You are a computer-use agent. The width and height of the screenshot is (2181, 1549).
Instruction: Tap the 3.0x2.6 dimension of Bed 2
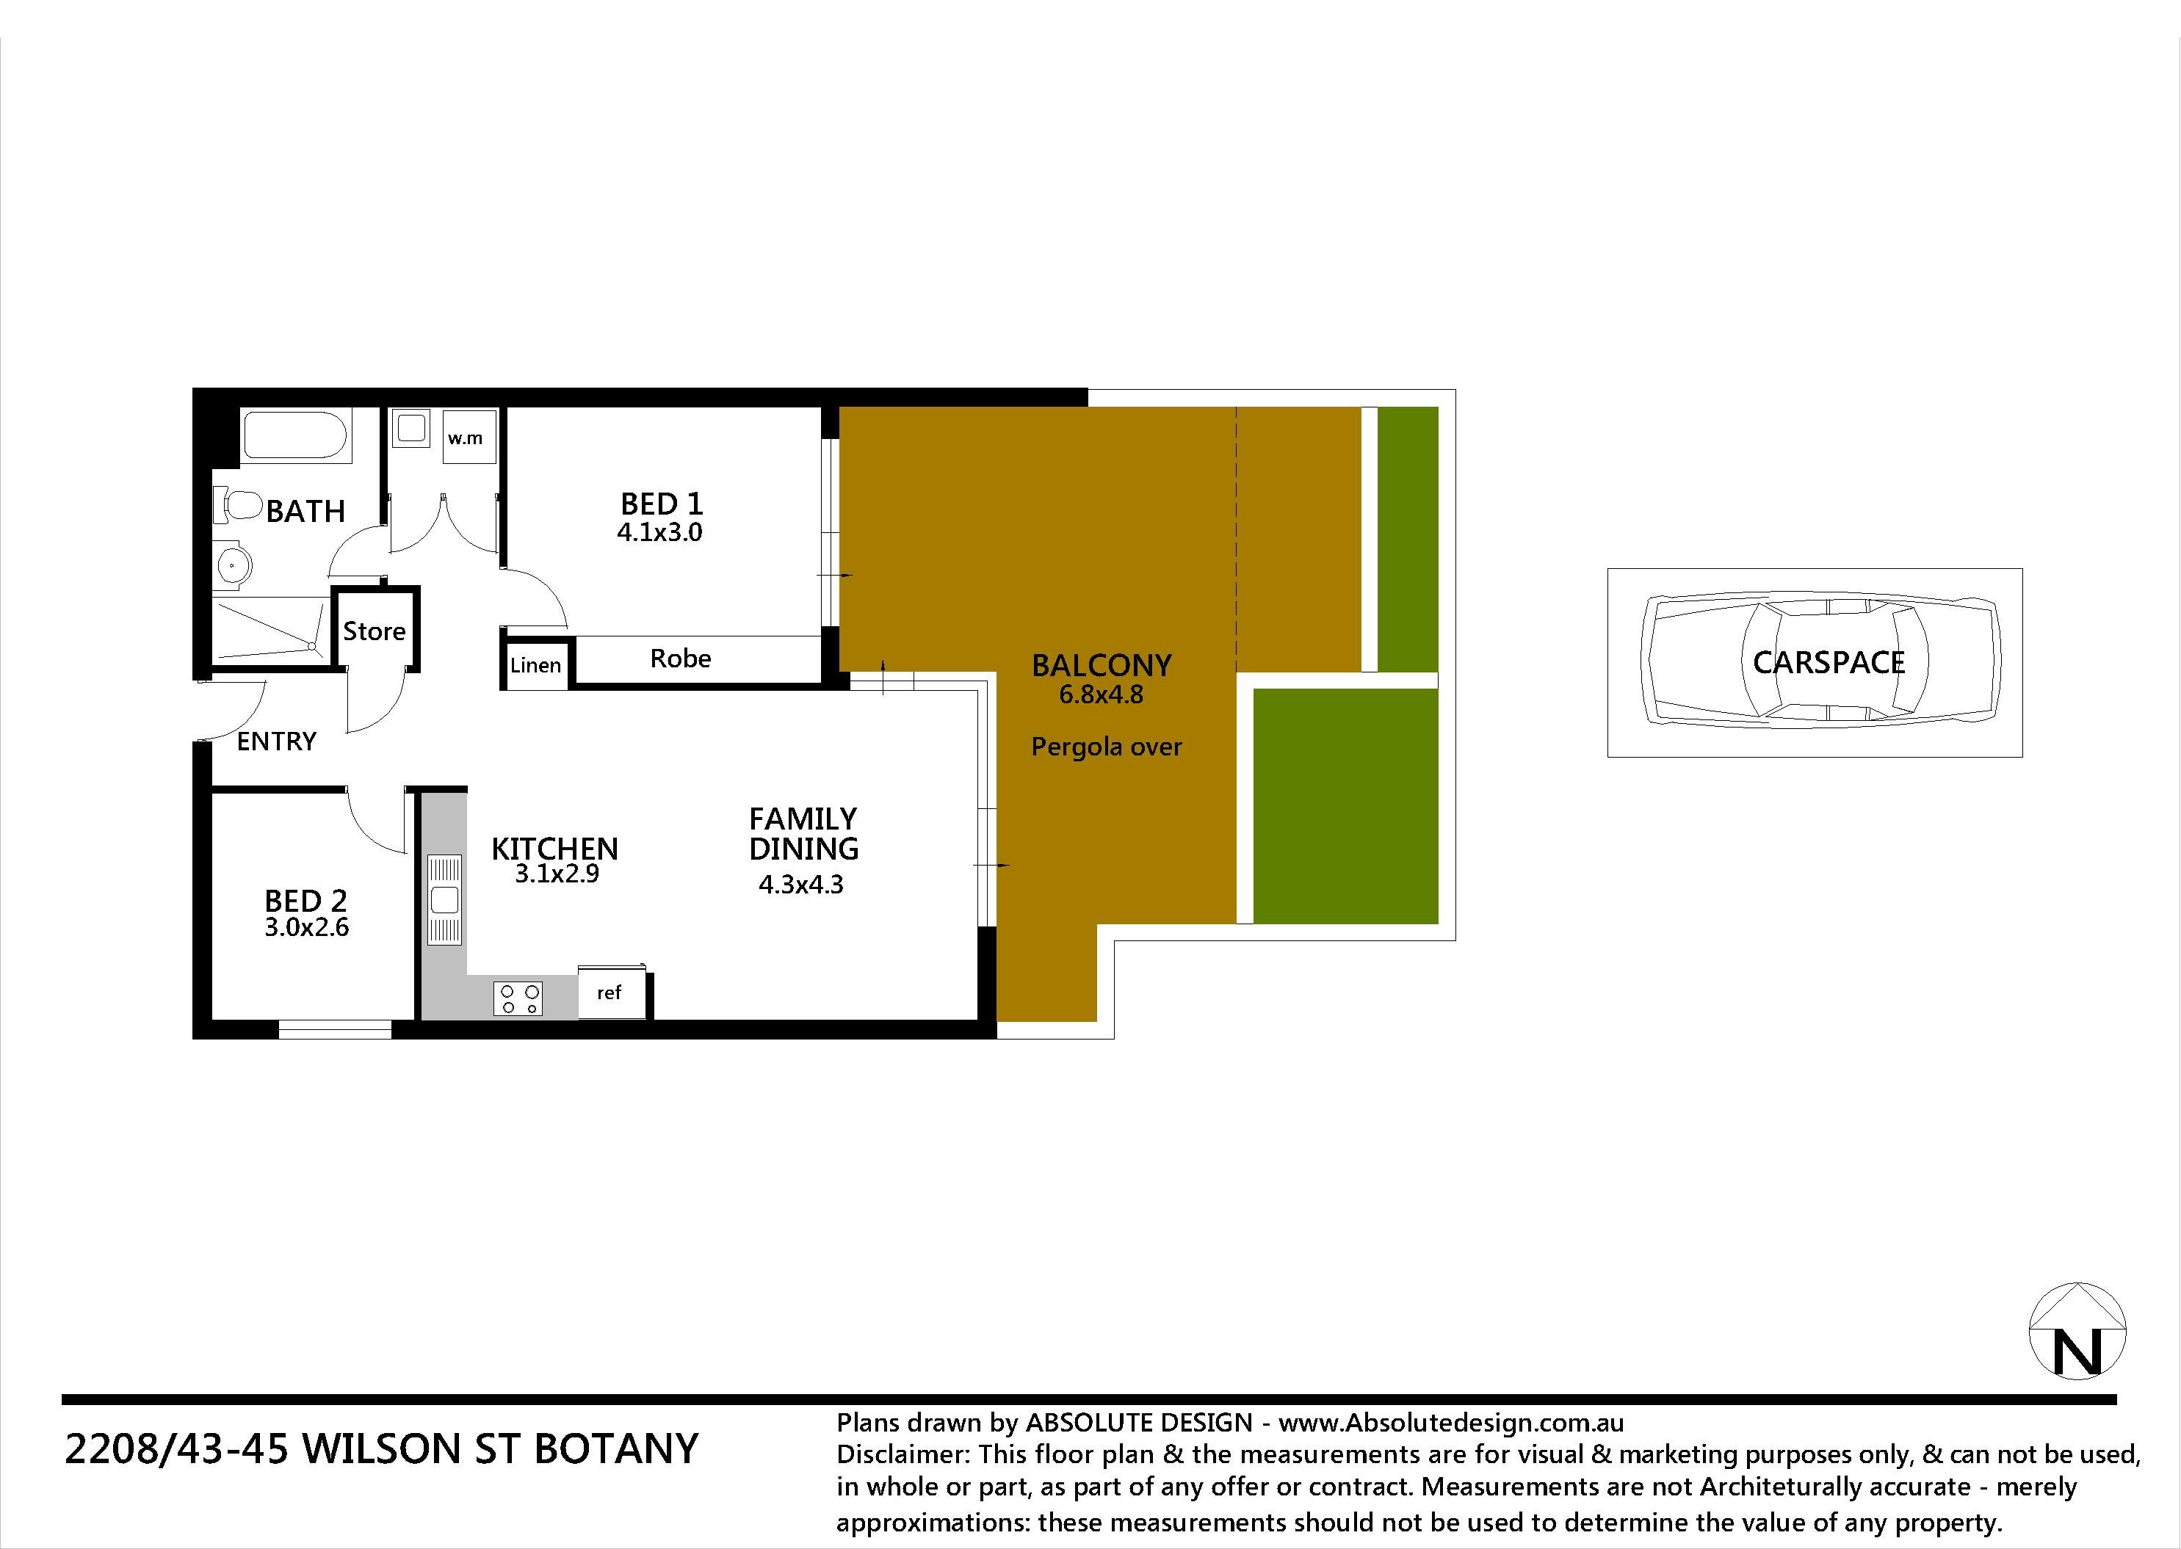tap(306, 927)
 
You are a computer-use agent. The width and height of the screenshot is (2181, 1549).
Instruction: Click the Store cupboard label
tap(374, 631)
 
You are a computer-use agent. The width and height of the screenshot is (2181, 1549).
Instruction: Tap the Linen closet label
tap(535, 665)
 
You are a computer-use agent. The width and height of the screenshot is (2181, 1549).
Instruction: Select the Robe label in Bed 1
tap(680, 658)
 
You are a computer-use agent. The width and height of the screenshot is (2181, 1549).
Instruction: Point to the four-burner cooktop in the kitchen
tap(518, 998)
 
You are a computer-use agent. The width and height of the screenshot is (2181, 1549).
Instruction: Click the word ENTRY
tap(277, 741)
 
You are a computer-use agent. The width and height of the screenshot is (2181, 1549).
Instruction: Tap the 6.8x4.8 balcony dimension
tap(1101, 694)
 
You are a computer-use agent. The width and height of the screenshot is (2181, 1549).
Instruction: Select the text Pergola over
tap(1107, 747)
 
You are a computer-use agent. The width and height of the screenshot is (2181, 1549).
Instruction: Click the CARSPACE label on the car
tap(1829, 662)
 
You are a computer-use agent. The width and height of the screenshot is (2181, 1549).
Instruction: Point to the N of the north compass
tap(2077, 1352)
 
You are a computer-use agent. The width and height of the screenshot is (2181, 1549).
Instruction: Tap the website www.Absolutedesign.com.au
tap(1451, 1423)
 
